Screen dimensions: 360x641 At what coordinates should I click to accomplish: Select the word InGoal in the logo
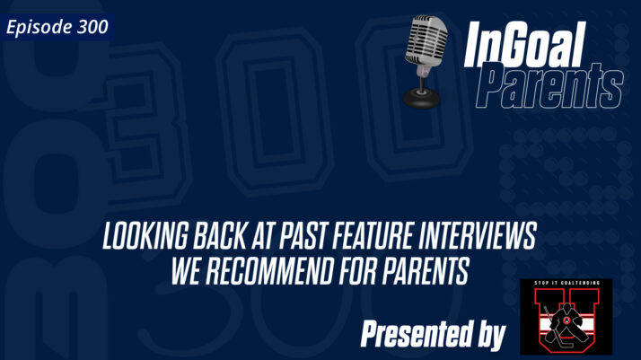click(524, 45)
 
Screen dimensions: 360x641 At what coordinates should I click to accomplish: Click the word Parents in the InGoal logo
click(549, 87)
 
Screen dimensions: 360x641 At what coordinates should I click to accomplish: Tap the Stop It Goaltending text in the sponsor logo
click(566, 286)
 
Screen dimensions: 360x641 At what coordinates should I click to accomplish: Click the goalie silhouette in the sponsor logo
click(566, 321)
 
